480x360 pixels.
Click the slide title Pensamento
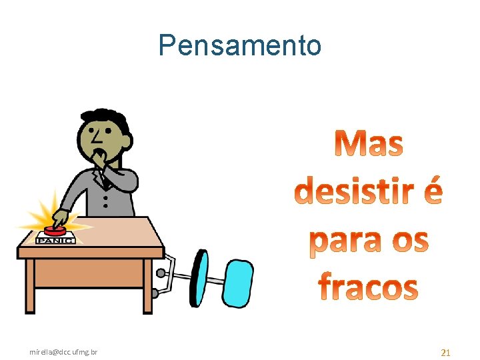pyautogui.click(x=240, y=45)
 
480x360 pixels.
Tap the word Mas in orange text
pyautogui.click(x=369, y=144)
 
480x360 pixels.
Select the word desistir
pyautogui.click(x=353, y=191)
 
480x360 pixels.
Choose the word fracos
pyautogui.click(x=368, y=286)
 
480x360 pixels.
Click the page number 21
pyautogui.click(x=446, y=352)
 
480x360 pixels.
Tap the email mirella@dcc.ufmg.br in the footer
pyautogui.click(x=64, y=351)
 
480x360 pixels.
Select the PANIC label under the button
pyautogui.click(x=55, y=241)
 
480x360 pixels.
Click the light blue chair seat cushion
pyautogui.click(x=238, y=282)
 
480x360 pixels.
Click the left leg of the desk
pyautogui.click(x=30, y=287)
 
